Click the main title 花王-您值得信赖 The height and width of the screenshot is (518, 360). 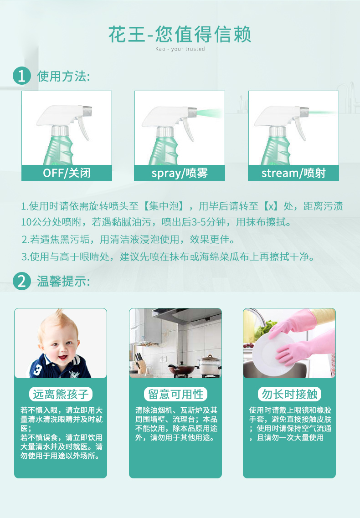pos(180,34)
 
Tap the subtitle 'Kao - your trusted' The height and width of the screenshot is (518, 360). pos(180,49)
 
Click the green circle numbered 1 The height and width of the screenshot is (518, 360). pos(22,76)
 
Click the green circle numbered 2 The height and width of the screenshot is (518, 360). pos(22,281)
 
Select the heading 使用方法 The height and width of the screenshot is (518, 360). pos(63,77)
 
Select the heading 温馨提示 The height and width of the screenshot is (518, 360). pos(63,282)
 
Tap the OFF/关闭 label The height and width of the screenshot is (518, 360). pos(67,173)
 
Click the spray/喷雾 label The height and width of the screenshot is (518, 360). pos(180,173)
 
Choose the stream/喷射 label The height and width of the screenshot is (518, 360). pos(293,173)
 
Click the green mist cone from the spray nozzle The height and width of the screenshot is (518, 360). pos(210,113)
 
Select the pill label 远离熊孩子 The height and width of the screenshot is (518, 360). pos(61,394)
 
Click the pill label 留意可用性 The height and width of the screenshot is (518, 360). pos(175,394)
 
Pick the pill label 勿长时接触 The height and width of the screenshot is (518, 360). pos(289,394)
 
